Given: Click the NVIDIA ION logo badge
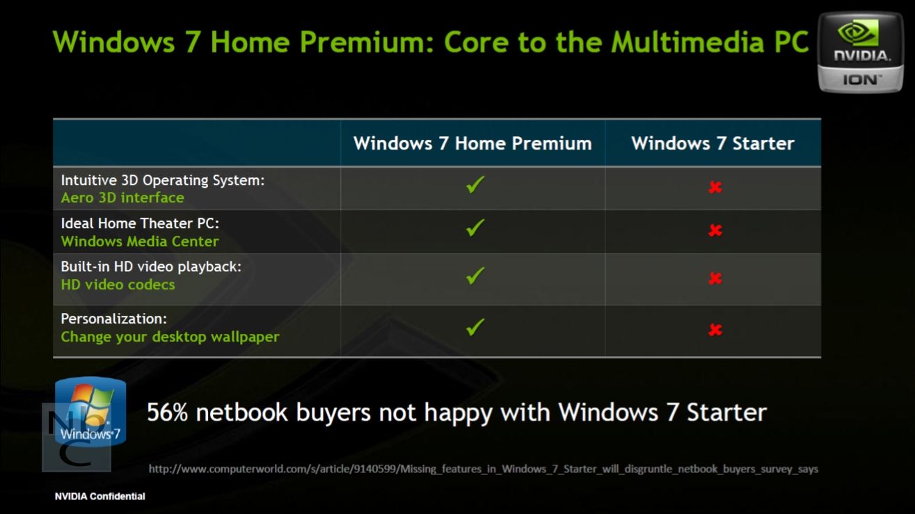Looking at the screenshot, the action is click(x=861, y=52).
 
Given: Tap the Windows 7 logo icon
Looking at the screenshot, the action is click(x=90, y=411).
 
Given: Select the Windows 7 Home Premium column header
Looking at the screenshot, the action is click(x=472, y=143).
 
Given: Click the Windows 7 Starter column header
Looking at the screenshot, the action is click(x=713, y=143).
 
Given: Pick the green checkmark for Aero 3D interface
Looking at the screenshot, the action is click(x=475, y=184).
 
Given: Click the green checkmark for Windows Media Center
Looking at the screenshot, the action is click(x=475, y=228).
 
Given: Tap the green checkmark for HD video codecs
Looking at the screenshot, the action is click(x=475, y=275).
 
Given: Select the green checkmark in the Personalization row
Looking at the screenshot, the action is click(x=475, y=327).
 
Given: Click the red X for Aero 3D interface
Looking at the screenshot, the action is click(x=715, y=187).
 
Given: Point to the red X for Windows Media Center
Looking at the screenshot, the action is click(x=715, y=230).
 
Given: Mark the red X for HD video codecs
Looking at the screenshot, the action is click(x=715, y=278).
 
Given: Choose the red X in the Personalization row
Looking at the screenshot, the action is click(x=715, y=330).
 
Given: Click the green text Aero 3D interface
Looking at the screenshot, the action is click(x=122, y=198).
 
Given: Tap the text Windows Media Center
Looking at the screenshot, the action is click(x=140, y=241).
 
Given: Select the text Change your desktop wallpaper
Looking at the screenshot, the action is click(x=170, y=337).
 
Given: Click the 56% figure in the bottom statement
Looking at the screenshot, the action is click(x=167, y=412).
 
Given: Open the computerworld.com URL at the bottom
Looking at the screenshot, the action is click(x=483, y=469).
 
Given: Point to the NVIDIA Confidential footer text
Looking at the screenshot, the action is click(x=100, y=497).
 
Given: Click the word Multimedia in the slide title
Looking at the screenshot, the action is click(x=687, y=42).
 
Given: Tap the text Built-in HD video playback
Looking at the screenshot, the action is click(x=151, y=267).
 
